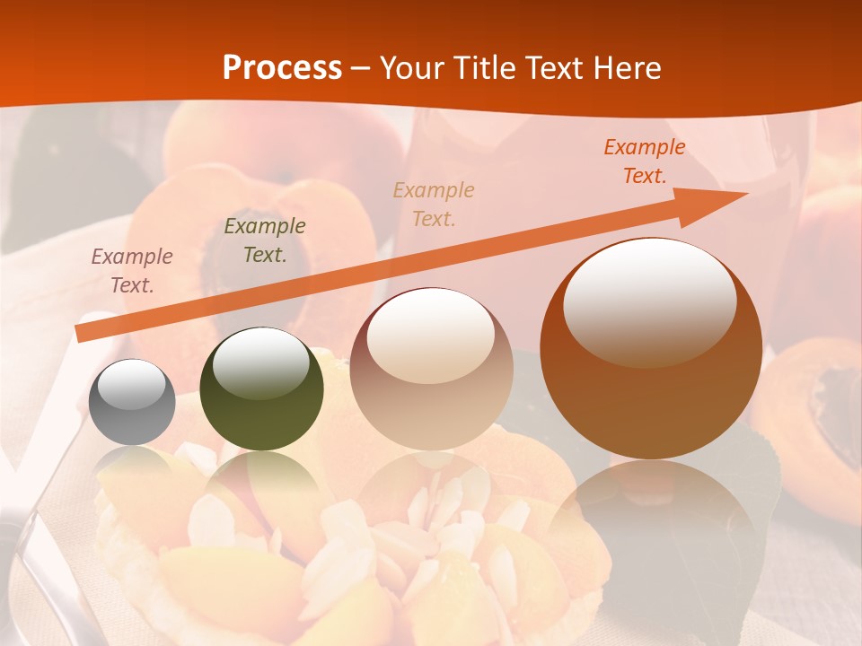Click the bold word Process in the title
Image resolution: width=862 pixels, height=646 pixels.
pyautogui.click(x=282, y=68)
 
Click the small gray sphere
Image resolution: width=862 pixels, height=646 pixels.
pyautogui.click(x=132, y=403)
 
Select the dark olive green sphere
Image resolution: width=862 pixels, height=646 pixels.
pyautogui.click(x=261, y=389)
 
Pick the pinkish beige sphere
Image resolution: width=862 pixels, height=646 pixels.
pyautogui.click(x=432, y=369)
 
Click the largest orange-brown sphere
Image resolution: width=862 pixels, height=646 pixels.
pyautogui.click(x=650, y=349)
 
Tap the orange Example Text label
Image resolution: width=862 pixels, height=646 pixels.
pyautogui.click(x=644, y=161)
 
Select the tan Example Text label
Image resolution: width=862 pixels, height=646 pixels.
pyautogui.click(x=434, y=204)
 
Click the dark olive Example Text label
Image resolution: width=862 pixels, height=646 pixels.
pyautogui.click(x=264, y=240)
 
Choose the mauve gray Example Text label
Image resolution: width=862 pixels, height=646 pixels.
pyautogui.click(x=132, y=270)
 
